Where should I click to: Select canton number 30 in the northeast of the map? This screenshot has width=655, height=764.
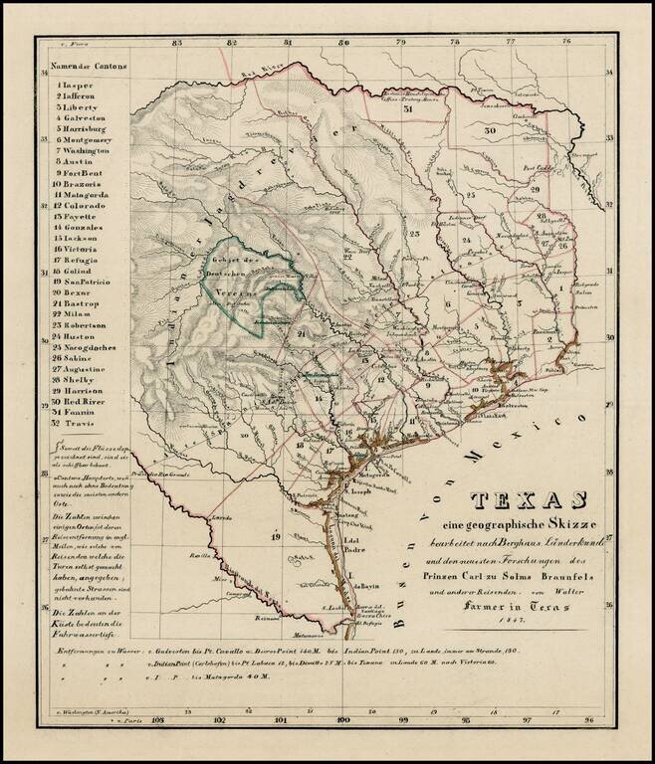(x=490, y=130)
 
